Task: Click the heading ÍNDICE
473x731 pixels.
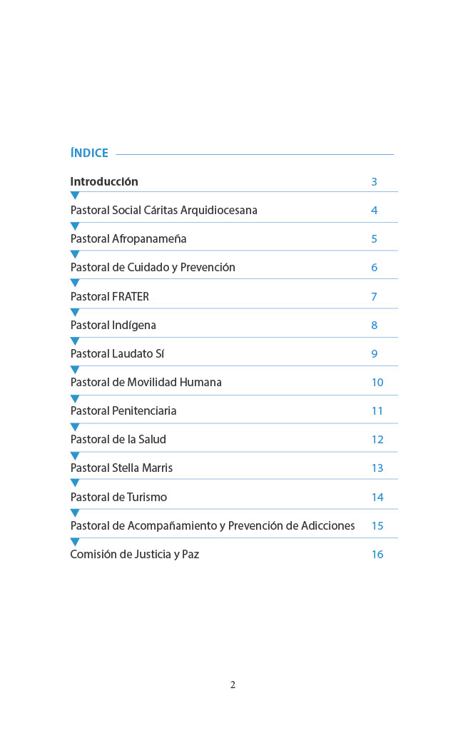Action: click(x=89, y=153)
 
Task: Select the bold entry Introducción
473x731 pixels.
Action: click(x=104, y=181)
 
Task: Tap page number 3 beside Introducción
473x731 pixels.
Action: click(x=374, y=182)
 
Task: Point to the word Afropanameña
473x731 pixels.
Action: click(x=149, y=239)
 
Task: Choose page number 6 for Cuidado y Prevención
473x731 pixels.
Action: click(x=374, y=268)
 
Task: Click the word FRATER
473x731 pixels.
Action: click(x=131, y=296)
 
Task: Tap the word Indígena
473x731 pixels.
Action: click(x=134, y=326)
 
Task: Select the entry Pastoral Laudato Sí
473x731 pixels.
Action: click(x=118, y=354)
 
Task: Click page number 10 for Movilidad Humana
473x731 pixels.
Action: click(x=377, y=383)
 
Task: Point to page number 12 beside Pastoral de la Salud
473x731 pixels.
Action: click(x=377, y=440)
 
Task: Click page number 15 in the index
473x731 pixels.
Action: click(x=377, y=526)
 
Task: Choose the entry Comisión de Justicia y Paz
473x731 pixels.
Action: click(x=134, y=555)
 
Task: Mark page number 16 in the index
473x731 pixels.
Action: click(x=377, y=555)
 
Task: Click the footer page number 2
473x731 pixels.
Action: click(x=233, y=685)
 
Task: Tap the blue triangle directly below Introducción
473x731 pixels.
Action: click(x=75, y=196)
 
